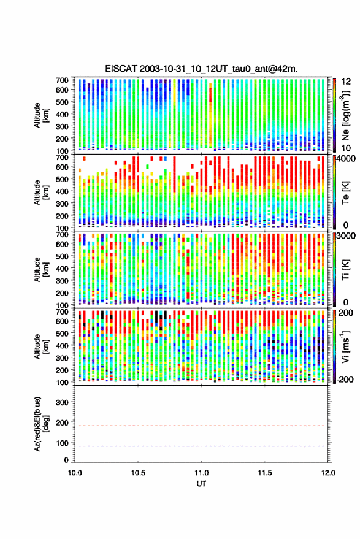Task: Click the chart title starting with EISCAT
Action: [x=201, y=69]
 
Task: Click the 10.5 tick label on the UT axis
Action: [x=138, y=473]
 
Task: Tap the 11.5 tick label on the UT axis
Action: [x=264, y=473]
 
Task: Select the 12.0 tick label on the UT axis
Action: [x=328, y=473]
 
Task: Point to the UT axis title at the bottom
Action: [x=201, y=484]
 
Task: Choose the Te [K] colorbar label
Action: [x=345, y=193]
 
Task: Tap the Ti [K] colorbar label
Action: [x=345, y=270]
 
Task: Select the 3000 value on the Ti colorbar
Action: [x=345, y=235]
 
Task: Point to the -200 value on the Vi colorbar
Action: [x=344, y=379]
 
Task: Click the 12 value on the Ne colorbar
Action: [x=347, y=82]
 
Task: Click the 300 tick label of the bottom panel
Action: [x=62, y=402]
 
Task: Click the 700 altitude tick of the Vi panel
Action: [x=62, y=312]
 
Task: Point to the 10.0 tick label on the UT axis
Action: [x=75, y=473]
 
